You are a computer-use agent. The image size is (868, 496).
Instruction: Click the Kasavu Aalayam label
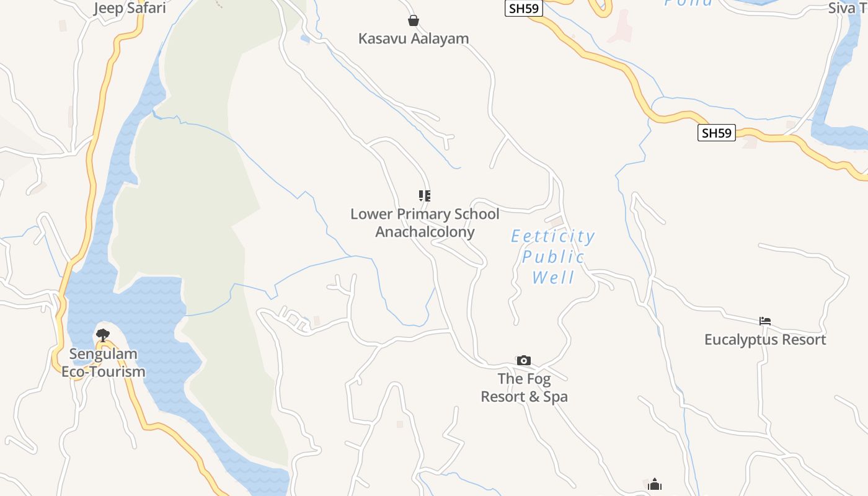tap(414, 38)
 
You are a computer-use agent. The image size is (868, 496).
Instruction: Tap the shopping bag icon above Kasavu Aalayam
tap(414, 20)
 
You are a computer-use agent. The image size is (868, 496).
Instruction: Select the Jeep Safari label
tap(130, 8)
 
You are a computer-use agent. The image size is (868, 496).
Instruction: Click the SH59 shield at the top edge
tap(524, 8)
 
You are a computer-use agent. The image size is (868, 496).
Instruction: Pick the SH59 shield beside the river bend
tap(716, 133)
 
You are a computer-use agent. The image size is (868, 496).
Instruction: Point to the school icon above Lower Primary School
tap(425, 196)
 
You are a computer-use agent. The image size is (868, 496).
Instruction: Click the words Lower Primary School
tap(425, 214)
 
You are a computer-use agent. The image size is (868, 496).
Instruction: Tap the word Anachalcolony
tap(425, 232)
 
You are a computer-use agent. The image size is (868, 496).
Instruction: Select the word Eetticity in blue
tap(552, 236)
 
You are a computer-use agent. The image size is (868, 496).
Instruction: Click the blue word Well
tap(554, 277)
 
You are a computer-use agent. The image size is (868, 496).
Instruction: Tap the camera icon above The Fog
tap(524, 360)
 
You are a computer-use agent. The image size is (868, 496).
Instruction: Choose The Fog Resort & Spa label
tap(525, 387)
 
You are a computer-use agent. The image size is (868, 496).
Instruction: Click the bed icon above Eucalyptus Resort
tap(765, 321)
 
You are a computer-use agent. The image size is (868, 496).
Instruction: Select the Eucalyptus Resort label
tap(765, 340)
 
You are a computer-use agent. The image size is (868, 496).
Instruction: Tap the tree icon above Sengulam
tap(103, 335)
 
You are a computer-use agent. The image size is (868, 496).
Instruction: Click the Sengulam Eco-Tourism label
tap(103, 363)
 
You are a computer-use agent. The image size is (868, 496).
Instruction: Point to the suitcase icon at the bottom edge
tap(655, 485)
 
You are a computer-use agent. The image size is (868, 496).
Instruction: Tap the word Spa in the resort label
tap(554, 397)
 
